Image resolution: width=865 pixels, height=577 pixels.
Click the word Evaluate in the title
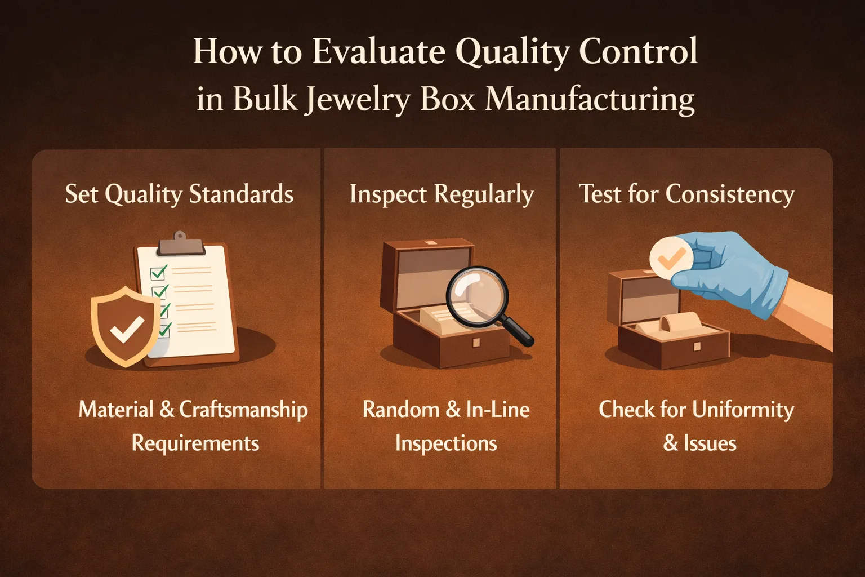379,52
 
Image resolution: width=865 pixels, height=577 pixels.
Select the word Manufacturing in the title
590,100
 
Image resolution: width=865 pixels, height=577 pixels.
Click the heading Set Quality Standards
179,194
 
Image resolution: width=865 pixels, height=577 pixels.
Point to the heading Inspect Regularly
441,195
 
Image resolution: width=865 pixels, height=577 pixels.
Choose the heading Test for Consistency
686,194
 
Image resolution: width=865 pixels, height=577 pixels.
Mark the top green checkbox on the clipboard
158,273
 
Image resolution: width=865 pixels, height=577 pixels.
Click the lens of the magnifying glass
476,296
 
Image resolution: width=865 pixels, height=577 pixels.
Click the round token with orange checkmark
670,258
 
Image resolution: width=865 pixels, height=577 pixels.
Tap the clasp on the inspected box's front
476,342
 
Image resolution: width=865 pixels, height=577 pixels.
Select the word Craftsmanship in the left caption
243,410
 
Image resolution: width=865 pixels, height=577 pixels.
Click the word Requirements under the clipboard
195,443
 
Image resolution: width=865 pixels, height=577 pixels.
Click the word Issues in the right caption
710,443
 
